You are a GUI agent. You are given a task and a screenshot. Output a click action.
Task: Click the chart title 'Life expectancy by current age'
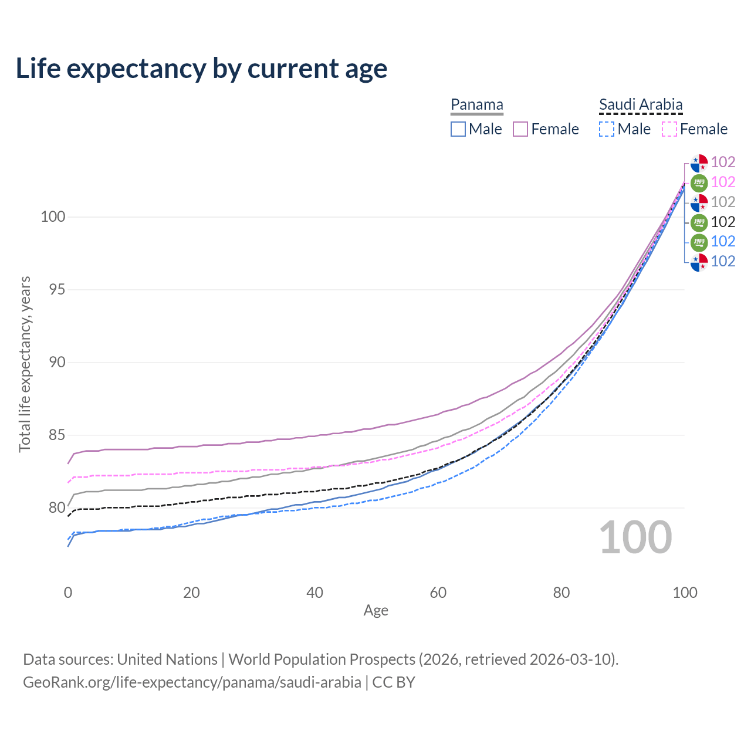click(201, 69)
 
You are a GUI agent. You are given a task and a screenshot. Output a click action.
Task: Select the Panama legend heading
click(477, 105)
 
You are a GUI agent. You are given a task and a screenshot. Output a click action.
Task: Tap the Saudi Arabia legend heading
click(641, 105)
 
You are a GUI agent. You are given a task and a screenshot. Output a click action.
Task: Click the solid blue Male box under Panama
click(458, 129)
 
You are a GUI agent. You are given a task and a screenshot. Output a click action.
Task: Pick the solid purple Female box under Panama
click(521, 129)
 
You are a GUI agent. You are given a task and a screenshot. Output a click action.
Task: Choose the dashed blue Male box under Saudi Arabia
click(607, 129)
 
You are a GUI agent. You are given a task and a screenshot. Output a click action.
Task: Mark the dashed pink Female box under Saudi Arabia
click(669, 129)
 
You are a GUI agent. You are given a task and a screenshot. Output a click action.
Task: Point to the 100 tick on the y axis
click(53, 217)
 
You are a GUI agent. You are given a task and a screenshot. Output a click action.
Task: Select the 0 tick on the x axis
click(68, 593)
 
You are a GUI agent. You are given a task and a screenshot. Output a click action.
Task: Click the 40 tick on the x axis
click(315, 593)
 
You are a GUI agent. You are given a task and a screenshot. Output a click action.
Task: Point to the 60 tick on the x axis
click(438, 593)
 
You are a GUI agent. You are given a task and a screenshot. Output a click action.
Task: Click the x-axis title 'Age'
click(376, 611)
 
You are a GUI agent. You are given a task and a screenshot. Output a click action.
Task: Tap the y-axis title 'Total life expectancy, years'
click(25, 364)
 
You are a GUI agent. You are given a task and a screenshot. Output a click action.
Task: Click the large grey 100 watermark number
click(635, 537)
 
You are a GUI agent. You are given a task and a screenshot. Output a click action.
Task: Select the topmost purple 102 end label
click(723, 162)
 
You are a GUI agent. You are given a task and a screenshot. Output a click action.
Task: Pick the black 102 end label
click(723, 222)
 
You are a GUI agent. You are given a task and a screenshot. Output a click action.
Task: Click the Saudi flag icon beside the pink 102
click(699, 182)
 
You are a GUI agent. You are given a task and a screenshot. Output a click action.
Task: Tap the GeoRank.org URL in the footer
click(192, 682)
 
